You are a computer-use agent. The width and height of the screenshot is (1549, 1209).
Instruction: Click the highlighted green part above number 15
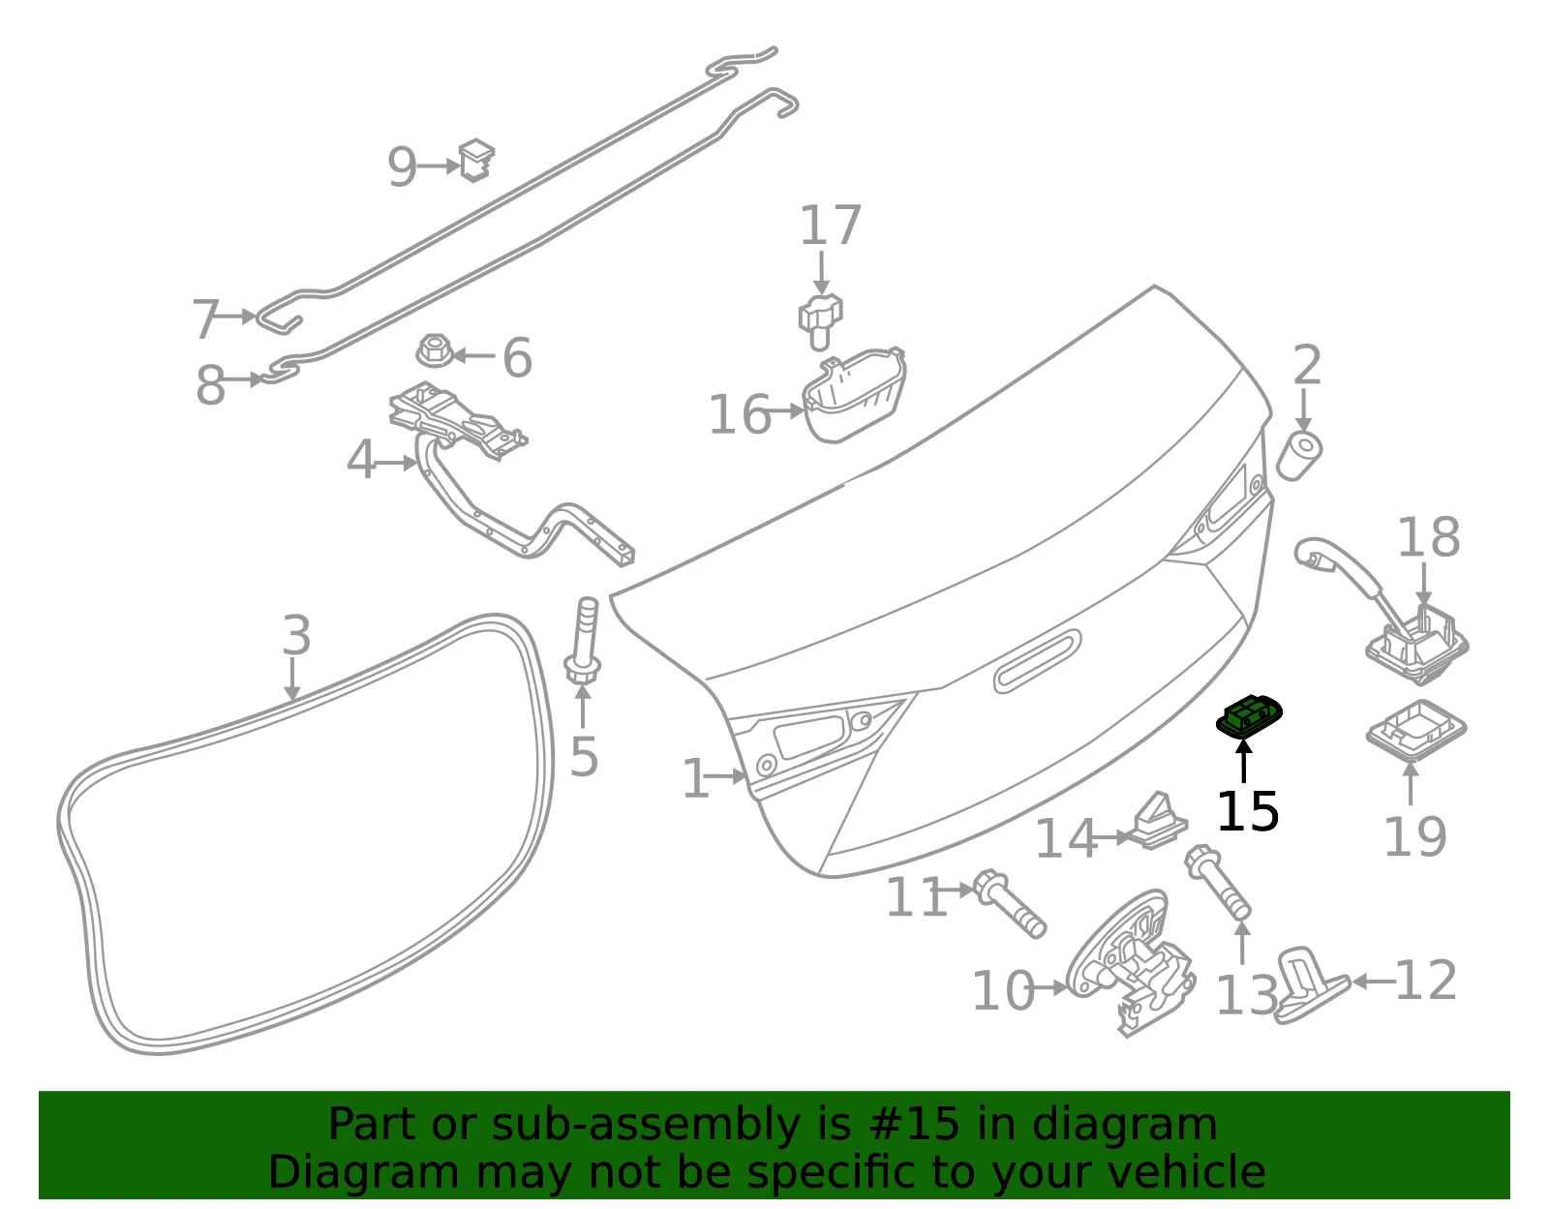pyautogui.click(x=1248, y=716)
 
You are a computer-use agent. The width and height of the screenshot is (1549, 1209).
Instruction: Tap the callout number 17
pyautogui.click(x=831, y=226)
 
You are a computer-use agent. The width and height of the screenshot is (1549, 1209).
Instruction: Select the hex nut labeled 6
pyautogui.click(x=434, y=350)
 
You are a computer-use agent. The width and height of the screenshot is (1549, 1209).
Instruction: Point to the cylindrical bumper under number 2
pyautogui.click(x=1299, y=456)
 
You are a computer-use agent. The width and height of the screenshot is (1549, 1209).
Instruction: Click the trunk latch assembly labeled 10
pyautogui.click(x=1130, y=962)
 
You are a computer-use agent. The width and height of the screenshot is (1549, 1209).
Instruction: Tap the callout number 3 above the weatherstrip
pyautogui.click(x=296, y=635)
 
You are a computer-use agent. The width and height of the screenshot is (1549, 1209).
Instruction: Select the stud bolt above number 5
pyautogui.click(x=583, y=640)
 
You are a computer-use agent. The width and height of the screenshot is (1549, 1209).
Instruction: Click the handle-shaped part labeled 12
pyautogui.click(x=1310, y=986)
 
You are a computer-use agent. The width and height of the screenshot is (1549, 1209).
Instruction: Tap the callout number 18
pyautogui.click(x=1429, y=537)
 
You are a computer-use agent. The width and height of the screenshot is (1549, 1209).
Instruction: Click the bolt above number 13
pyautogui.click(x=1218, y=883)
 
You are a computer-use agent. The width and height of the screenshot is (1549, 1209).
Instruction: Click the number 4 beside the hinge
pyautogui.click(x=361, y=460)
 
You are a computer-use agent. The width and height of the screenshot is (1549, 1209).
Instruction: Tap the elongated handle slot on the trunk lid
pyautogui.click(x=1037, y=661)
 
